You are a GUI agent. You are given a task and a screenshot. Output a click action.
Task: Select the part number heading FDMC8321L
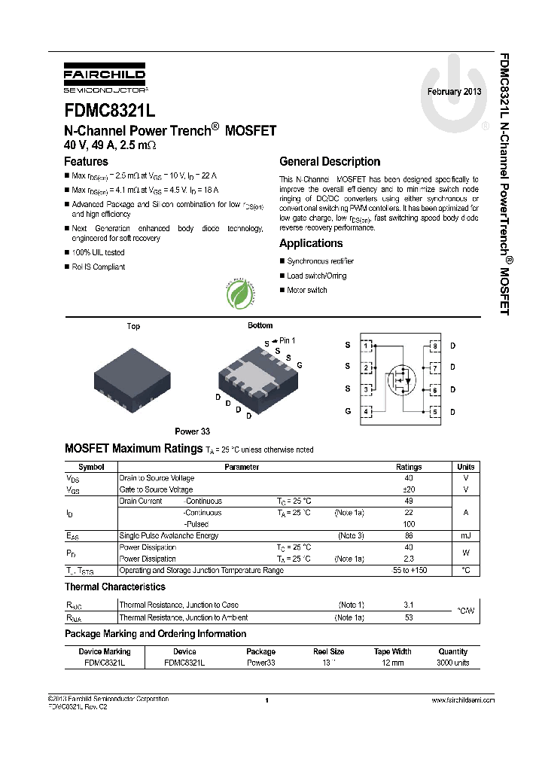[x=109, y=111]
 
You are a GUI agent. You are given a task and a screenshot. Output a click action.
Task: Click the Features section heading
[x=86, y=161]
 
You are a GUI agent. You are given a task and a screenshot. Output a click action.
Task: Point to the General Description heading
[x=330, y=161]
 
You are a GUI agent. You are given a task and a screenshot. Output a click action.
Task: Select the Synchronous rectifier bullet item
[x=320, y=261]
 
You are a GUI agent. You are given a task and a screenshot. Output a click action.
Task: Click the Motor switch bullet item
[x=306, y=290]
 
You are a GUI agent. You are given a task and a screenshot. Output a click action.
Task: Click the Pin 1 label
[x=286, y=341]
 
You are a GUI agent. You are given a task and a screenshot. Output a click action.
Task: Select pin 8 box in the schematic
[x=435, y=346]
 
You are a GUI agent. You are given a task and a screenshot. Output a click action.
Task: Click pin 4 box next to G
[x=366, y=412]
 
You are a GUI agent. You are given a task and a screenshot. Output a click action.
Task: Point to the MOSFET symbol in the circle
[x=402, y=379]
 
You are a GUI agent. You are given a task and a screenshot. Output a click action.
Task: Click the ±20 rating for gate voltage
[x=409, y=489]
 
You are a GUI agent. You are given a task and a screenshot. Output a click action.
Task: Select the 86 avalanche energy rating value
[x=409, y=535]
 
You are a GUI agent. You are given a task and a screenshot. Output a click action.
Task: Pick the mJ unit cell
[x=465, y=535]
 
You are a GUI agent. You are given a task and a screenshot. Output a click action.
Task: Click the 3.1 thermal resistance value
[x=409, y=605]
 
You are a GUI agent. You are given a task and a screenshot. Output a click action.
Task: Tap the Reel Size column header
[x=328, y=651]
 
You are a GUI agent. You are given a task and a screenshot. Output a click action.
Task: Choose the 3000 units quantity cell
[x=452, y=663]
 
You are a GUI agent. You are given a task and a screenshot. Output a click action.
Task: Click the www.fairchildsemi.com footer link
[x=462, y=700]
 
